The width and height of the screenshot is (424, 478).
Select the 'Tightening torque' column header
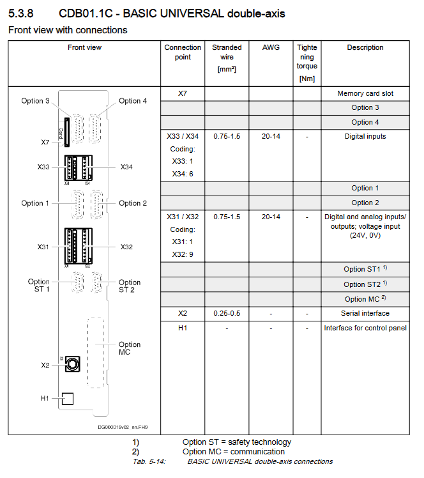coord(307,61)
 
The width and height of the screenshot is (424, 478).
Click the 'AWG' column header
coord(271,47)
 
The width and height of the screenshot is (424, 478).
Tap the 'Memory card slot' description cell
coord(365,93)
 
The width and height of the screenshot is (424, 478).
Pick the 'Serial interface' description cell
coord(365,313)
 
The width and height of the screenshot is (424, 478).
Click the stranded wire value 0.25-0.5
coord(227,313)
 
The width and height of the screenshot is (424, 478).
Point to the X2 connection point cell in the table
coord(183,313)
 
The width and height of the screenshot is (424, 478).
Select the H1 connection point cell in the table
coord(183,328)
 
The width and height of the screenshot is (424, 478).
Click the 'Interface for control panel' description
coord(365,328)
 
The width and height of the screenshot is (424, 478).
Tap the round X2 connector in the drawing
coord(73,364)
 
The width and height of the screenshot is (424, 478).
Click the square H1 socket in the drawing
coord(67,398)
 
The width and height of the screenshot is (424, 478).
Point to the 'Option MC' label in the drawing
coord(130,348)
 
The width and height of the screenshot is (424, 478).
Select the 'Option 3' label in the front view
coord(35,101)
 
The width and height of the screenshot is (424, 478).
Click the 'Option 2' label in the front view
coord(133,203)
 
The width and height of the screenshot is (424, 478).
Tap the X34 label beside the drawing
coord(128,167)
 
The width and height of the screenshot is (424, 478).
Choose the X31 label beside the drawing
coord(44,246)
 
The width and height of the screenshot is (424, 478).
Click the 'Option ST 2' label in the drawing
coord(130,286)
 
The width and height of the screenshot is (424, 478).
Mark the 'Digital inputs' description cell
coord(365,136)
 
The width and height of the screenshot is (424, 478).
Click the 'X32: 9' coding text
coord(183,254)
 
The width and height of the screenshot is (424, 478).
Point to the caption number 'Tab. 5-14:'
coord(149,461)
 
